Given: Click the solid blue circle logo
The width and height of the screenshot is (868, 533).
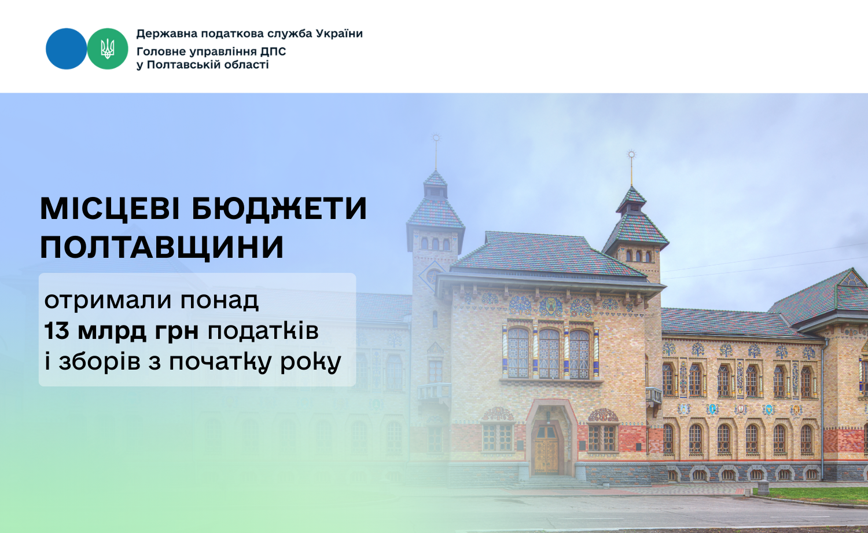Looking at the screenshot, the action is (67, 49).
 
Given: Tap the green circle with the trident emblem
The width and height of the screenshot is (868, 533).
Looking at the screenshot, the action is (107, 49).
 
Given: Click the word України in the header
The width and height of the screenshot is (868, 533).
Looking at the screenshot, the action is (339, 34).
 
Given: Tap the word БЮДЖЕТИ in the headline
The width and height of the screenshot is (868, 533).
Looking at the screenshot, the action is (279, 209).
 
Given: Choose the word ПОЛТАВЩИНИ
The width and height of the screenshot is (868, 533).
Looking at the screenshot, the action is (162, 247).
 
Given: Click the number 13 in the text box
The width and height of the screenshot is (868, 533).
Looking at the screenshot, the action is (57, 330).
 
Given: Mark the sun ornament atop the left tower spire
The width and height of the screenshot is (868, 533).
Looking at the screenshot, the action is (436, 138).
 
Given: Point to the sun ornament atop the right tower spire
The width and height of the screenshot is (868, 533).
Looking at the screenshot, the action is (632, 154).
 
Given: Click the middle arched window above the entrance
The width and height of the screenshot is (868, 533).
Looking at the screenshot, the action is (549, 353).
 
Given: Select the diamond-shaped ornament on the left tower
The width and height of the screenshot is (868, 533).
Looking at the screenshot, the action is (432, 275).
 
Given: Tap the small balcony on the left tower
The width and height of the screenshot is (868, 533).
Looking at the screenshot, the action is (434, 392).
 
